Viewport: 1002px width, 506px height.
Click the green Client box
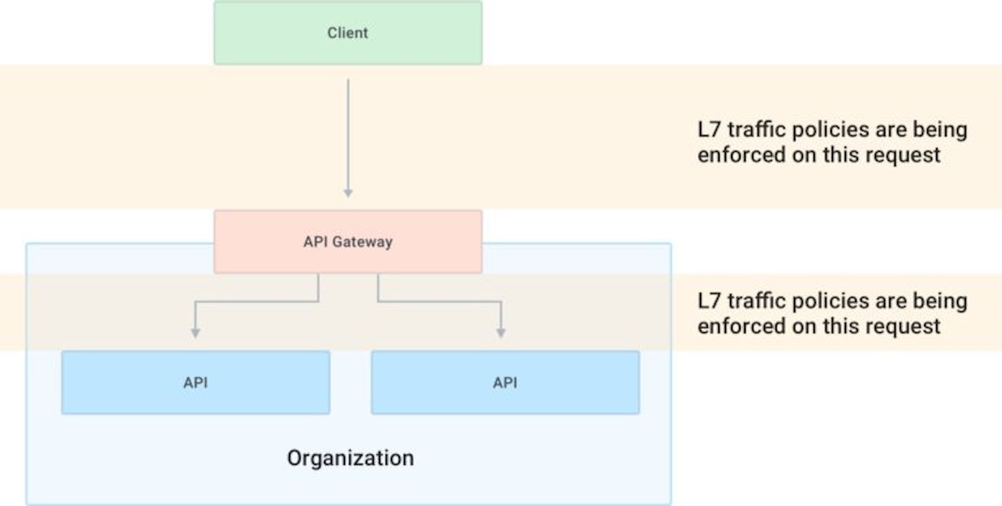[x=348, y=32]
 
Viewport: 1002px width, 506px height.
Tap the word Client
[x=348, y=33]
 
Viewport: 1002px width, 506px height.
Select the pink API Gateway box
[x=348, y=242]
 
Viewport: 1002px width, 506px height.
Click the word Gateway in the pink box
[x=363, y=242]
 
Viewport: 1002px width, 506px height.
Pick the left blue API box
[x=196, y=382]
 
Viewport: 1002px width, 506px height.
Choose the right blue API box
[x=505, y=382]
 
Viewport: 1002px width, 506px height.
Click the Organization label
[x=351, y=458]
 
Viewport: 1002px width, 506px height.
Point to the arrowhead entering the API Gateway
[x=348, y=194]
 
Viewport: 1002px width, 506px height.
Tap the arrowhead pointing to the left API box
[x=195, y=333]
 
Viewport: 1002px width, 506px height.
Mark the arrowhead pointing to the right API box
[x=501, y=333]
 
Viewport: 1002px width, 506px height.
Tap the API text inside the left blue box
[x=196, y=383]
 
